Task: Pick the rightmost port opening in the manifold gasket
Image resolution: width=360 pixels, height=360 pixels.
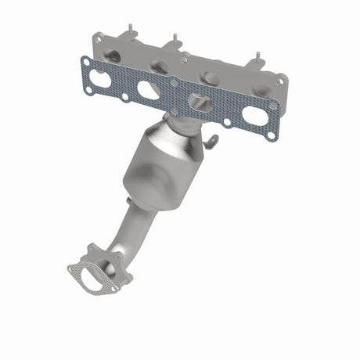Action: click(x=254, y=116)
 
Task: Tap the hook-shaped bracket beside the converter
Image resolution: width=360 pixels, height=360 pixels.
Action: click(x=211, y=141)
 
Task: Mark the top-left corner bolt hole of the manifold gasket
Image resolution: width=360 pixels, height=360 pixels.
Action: click(x=86, y=61)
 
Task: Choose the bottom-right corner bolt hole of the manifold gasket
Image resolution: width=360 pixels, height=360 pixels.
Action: click(x=271, y=135)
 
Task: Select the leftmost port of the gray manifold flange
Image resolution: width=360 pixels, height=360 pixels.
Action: click(x=113, y=56)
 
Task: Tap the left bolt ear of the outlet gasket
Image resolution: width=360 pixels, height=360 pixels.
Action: click(x=72, y=270)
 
